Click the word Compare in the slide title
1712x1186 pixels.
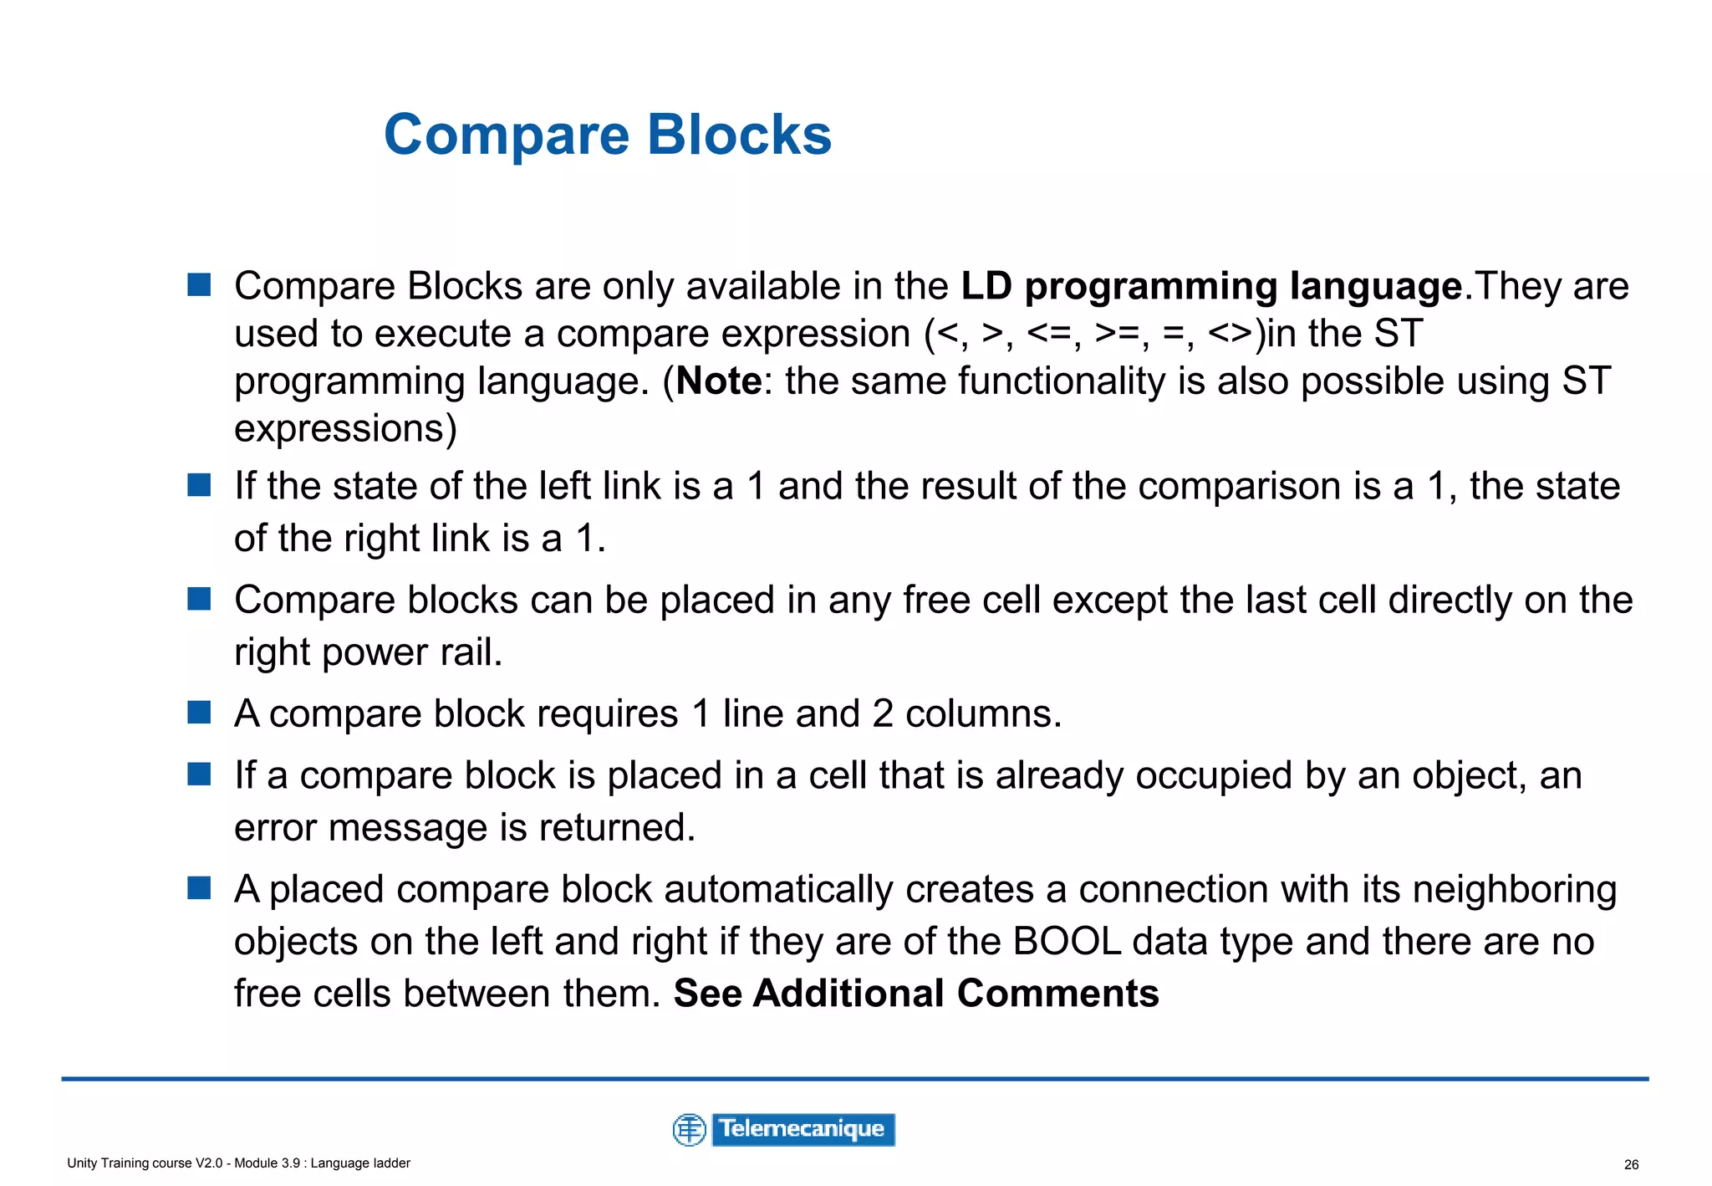(x=506, y=135)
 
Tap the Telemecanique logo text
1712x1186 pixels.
(x=802, y=1129)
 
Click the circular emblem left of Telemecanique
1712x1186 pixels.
(x=690, y=1130)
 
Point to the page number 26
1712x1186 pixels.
(x=1631, y=1164)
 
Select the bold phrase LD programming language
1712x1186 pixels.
(x=1210, y=287)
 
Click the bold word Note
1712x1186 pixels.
(x=718, y=381)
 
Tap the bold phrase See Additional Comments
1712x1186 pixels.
(x=916, y=994)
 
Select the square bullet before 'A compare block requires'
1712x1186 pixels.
(x=199, y=713)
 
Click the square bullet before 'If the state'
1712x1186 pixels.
(x=199, y=484)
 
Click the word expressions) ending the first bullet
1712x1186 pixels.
(x=345, y=430)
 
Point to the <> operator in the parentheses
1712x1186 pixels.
(x=1230, y=335)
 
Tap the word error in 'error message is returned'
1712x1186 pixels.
(x=275, y=829)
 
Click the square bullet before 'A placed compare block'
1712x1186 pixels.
(x=199, y=887)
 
